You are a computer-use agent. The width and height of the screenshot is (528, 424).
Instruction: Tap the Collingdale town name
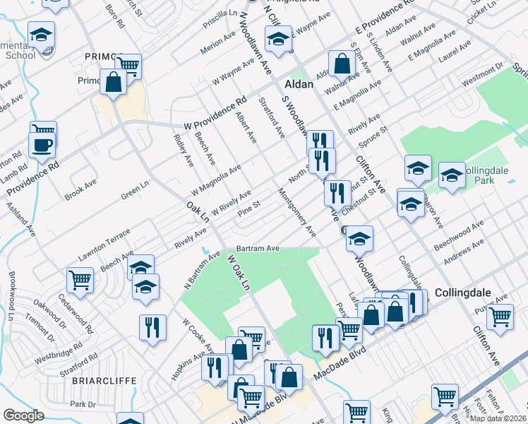tap(462, 291)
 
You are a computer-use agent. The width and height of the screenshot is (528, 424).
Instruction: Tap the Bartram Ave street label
tap(258, 249)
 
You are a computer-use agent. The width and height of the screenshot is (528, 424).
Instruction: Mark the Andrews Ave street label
tap(464, 252)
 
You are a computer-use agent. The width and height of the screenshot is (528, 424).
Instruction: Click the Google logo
tap(23, 415)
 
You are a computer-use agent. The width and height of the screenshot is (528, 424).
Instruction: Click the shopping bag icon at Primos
tap(113, 82)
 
